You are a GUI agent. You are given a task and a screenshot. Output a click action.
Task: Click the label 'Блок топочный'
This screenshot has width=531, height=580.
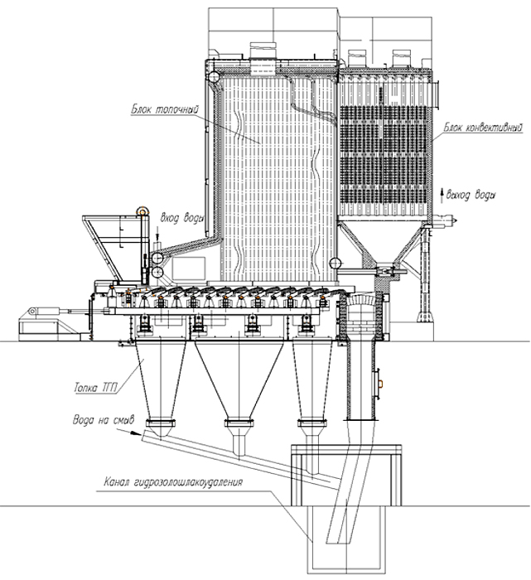[165, 110]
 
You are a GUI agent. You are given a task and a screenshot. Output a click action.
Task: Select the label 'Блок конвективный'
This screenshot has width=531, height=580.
[484, 128]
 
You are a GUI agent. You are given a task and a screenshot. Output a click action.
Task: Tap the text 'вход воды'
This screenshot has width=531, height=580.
[181, 218]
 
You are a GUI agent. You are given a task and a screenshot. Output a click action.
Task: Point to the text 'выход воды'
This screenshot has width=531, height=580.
[471, 195]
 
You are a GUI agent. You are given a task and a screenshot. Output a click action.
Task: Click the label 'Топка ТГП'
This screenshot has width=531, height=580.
[95, 388]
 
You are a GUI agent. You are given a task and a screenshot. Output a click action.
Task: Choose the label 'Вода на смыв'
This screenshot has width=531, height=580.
[104, 420]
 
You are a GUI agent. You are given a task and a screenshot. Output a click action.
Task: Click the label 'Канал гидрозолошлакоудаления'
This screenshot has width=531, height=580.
[173, 482]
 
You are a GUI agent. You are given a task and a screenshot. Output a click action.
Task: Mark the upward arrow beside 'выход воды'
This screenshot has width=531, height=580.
[442, 195]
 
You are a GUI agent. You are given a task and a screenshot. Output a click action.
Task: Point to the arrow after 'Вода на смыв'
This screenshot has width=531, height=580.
[128, 432]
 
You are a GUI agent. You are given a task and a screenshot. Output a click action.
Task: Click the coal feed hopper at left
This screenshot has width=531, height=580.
[102, 246]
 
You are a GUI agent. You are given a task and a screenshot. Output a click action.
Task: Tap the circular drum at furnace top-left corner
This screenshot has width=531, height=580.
[214, 77]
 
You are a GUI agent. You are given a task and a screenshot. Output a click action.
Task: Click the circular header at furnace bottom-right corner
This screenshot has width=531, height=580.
[335, 263]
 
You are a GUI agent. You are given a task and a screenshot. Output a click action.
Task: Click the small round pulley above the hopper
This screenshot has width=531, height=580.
[142, 210]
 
